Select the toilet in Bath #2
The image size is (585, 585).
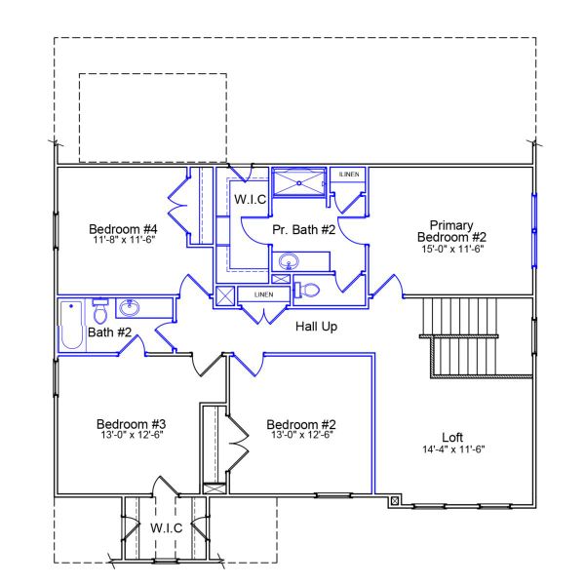100,311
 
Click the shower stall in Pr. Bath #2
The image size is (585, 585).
299,182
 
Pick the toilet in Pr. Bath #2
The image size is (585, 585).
308,290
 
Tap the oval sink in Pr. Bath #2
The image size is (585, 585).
290,261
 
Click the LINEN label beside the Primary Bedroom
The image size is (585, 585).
349,175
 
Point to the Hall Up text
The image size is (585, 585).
316,327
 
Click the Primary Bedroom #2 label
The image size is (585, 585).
450,229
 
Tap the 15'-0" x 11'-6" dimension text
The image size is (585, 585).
451,249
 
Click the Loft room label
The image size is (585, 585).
451,437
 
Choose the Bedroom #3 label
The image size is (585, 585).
131,424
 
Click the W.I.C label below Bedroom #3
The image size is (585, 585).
166,527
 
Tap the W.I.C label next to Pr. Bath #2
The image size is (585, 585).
251,199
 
